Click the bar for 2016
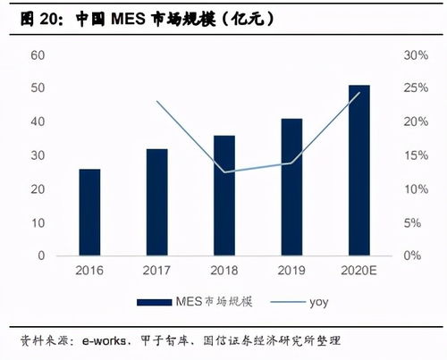point(89,212)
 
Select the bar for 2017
point(156,202)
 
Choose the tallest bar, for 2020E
point(358,170)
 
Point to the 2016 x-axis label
point(89,268)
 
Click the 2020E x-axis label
point(358,268)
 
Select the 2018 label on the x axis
point(223,268)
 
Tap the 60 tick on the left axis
point(38,55)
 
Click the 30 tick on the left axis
point(38,155)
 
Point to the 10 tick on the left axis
point(38,222)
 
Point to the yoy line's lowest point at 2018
point(223,172)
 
